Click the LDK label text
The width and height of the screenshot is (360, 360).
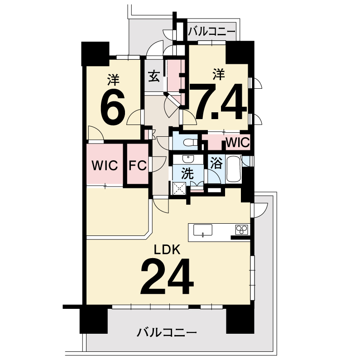(167, 250)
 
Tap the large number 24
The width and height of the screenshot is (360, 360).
(168, 277)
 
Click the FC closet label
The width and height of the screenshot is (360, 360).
(138, 165)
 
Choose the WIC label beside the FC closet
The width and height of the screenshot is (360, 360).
(105, 165)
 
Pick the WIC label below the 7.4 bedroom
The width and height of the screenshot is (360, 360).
(238, 143)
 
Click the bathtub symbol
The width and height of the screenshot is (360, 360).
(234, 169)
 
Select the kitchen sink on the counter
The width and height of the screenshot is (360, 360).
(203, 230)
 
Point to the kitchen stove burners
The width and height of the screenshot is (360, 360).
(242, 230)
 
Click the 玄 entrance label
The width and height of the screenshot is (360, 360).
(154, 77)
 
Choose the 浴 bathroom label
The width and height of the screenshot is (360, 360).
(216, 163)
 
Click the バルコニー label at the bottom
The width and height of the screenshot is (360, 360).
(167, 332)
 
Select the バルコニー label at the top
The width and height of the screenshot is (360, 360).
(211, 32)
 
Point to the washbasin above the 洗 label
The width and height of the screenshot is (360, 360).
(188, 159)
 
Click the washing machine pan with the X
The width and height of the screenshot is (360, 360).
(179, 188)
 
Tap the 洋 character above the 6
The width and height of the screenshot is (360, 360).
(113, 79)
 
